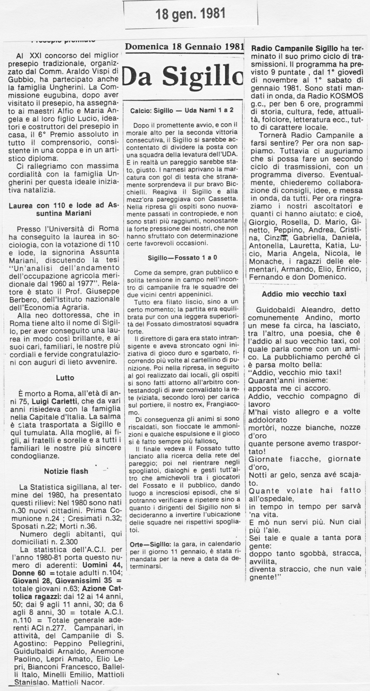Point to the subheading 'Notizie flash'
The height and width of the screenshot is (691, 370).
click(x=66, y=471)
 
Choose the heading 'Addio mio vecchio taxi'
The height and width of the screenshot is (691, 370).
click(x=304, y=293)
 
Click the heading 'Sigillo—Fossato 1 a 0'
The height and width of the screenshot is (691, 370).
click(x=182, y=257)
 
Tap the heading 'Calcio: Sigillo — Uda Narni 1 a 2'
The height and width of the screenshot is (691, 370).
click(x=182, y=110)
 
